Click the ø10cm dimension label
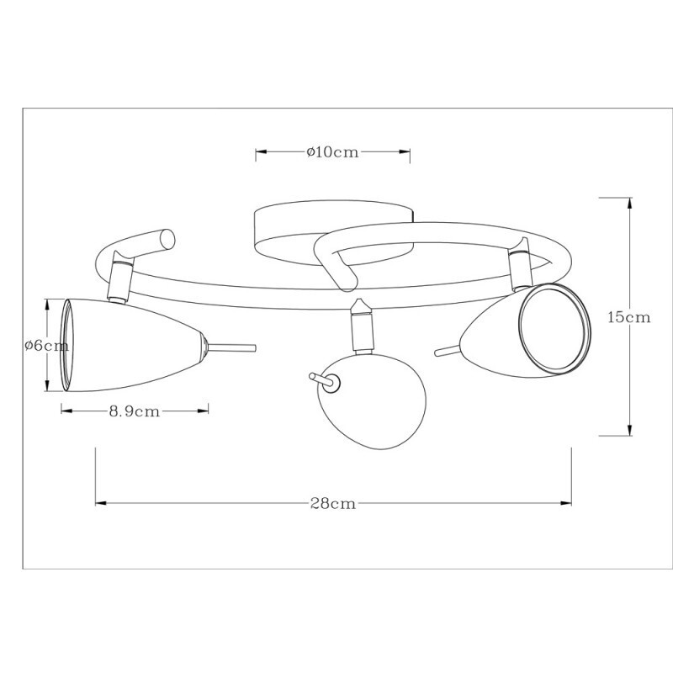click(x=334, y=152)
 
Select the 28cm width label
click(x=333, y=504)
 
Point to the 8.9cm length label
click(x=135, y=411)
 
